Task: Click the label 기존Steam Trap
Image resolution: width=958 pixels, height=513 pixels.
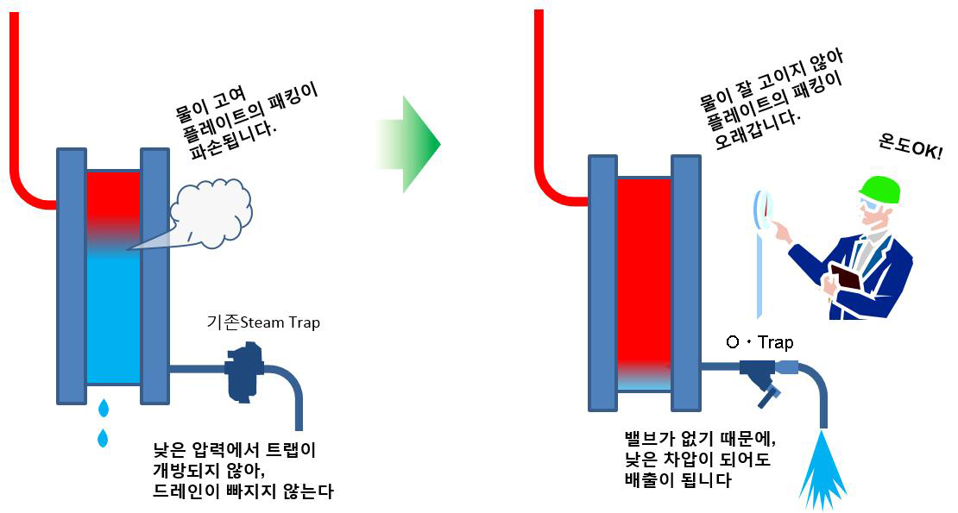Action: coord(263,322)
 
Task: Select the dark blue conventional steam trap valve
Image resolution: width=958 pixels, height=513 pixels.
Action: coord(243,371)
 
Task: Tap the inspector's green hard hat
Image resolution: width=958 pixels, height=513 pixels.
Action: coord(879,187)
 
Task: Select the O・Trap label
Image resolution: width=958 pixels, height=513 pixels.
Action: coord(759,343)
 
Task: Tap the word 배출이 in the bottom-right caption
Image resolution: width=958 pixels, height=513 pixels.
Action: coord(649,480)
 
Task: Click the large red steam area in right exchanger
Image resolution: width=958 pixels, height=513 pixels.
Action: coord(644,267)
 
